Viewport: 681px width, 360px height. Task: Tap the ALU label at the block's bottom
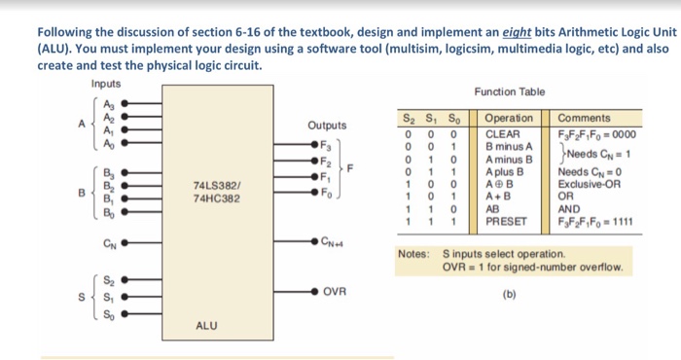tap(206, 326)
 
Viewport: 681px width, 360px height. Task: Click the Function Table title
tap(509, 91)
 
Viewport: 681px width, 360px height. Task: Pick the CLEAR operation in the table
tap(503, 133)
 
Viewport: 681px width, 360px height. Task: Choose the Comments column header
tap(584, 118)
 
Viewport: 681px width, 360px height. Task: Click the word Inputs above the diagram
tap(106, 84)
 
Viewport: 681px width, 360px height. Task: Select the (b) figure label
tap(509, 291)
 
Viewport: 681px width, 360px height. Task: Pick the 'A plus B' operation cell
tap(505, 171)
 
